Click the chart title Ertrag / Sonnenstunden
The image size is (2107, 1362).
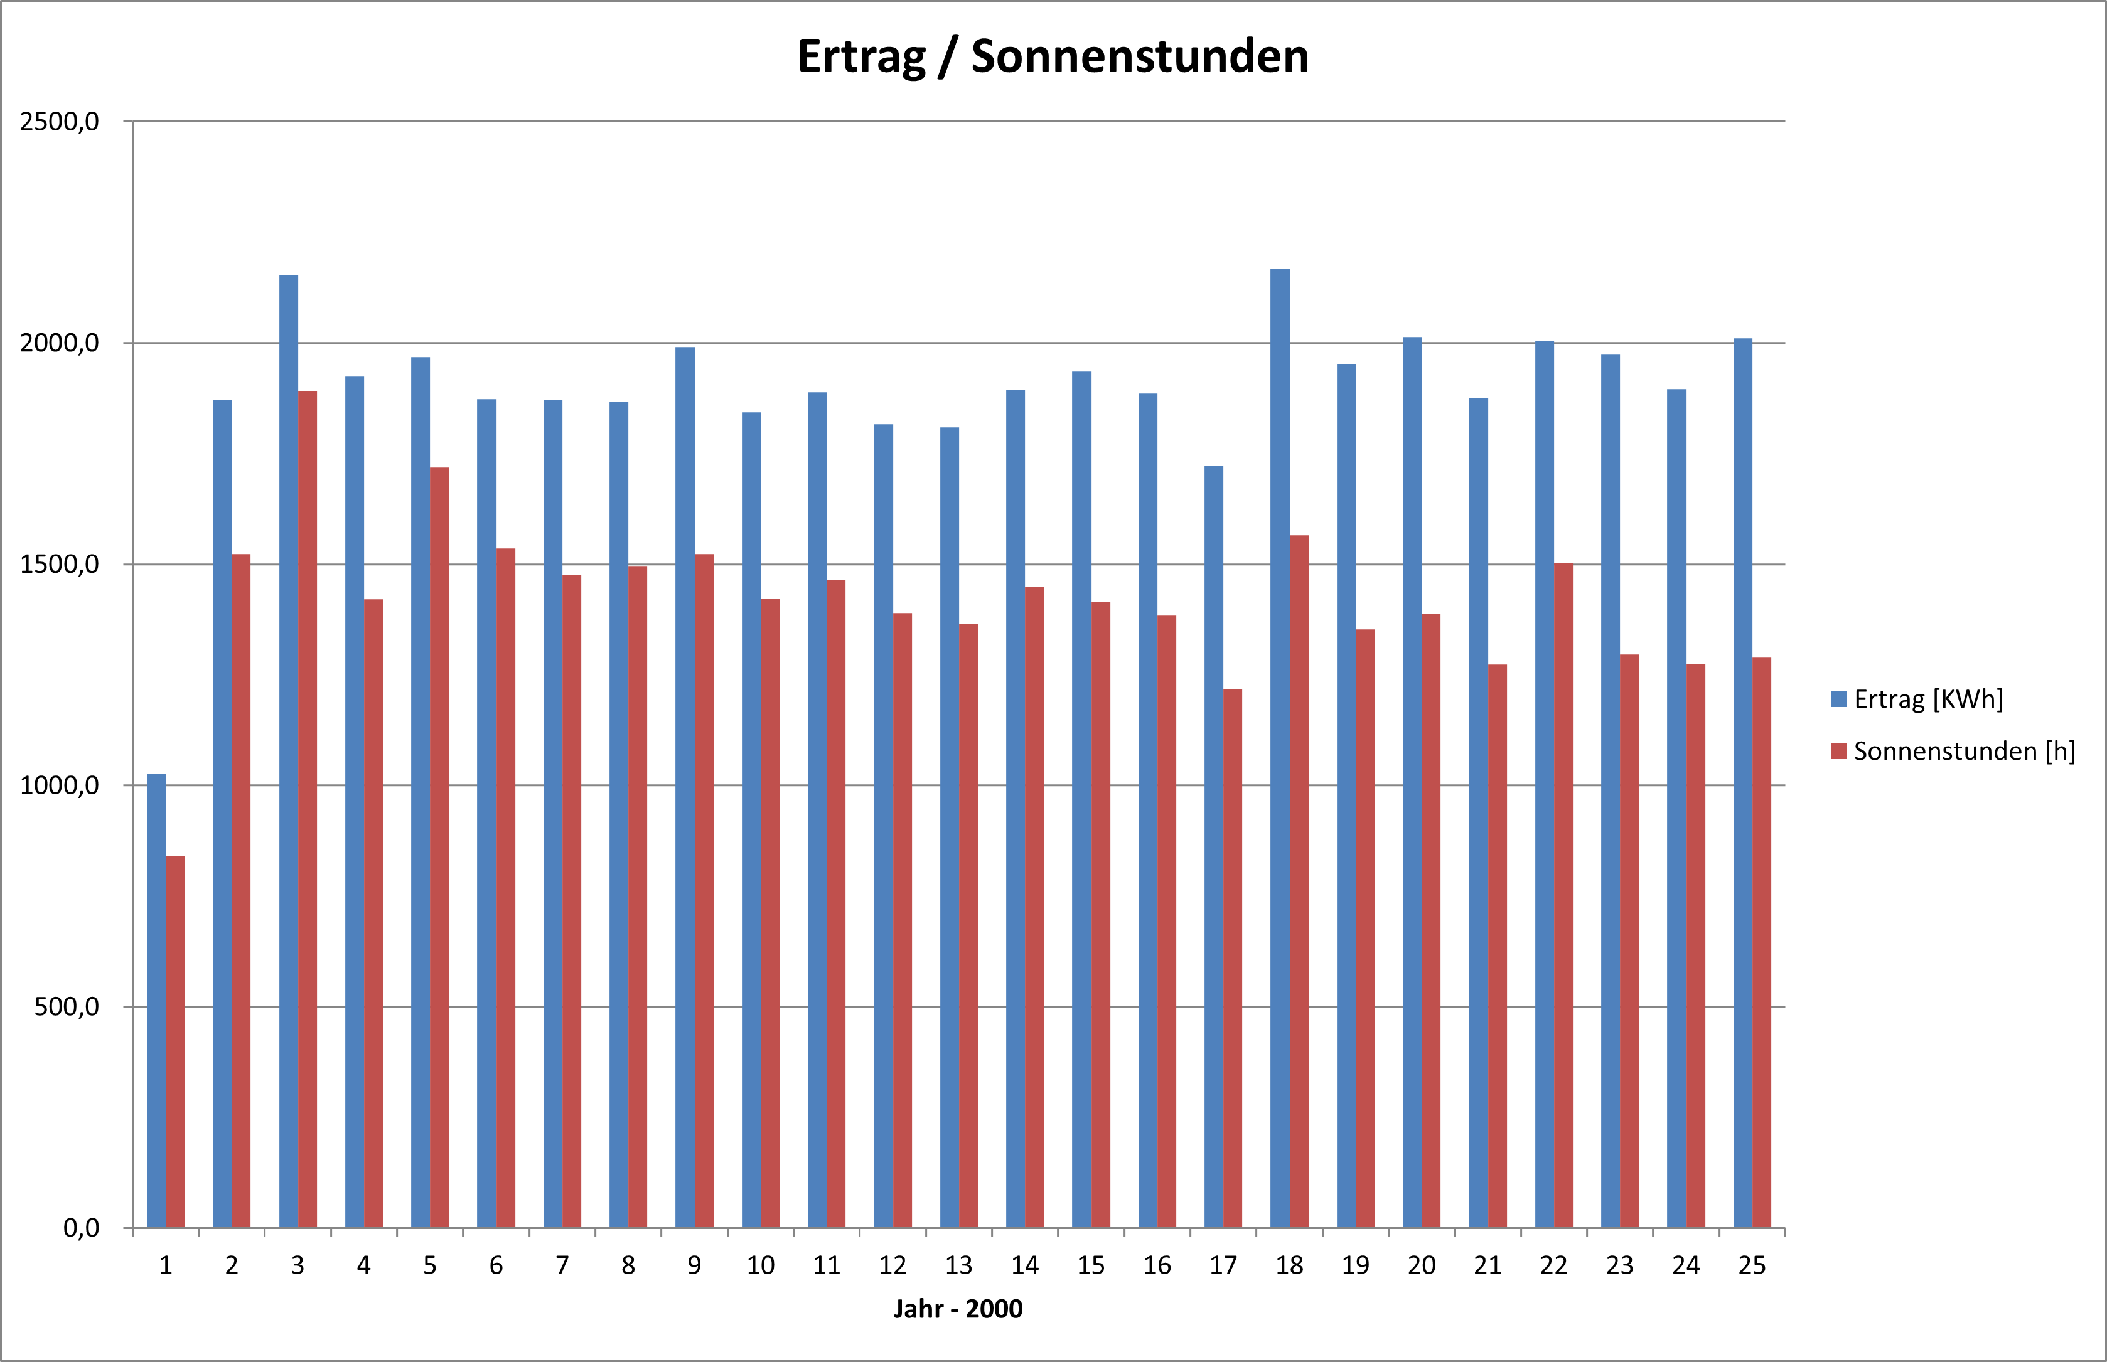tap(1053, 56)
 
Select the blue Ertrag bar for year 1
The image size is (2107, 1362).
tap(156, 999)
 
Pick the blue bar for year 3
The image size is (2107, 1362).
tap(288, 752)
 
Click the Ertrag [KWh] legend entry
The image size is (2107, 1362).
tap(1917, 700)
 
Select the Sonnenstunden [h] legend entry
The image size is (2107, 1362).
tap(1952, 752)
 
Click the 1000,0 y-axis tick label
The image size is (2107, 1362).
tap(59, 785)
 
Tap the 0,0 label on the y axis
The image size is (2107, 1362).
tap(80, 1228)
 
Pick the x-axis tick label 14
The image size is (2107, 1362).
tap(1024, 1265)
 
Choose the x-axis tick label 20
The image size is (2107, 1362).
tap(1422, 1265)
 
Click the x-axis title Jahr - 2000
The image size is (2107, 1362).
tap(958, 1309)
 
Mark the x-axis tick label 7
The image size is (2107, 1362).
tap(562, 1265)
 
